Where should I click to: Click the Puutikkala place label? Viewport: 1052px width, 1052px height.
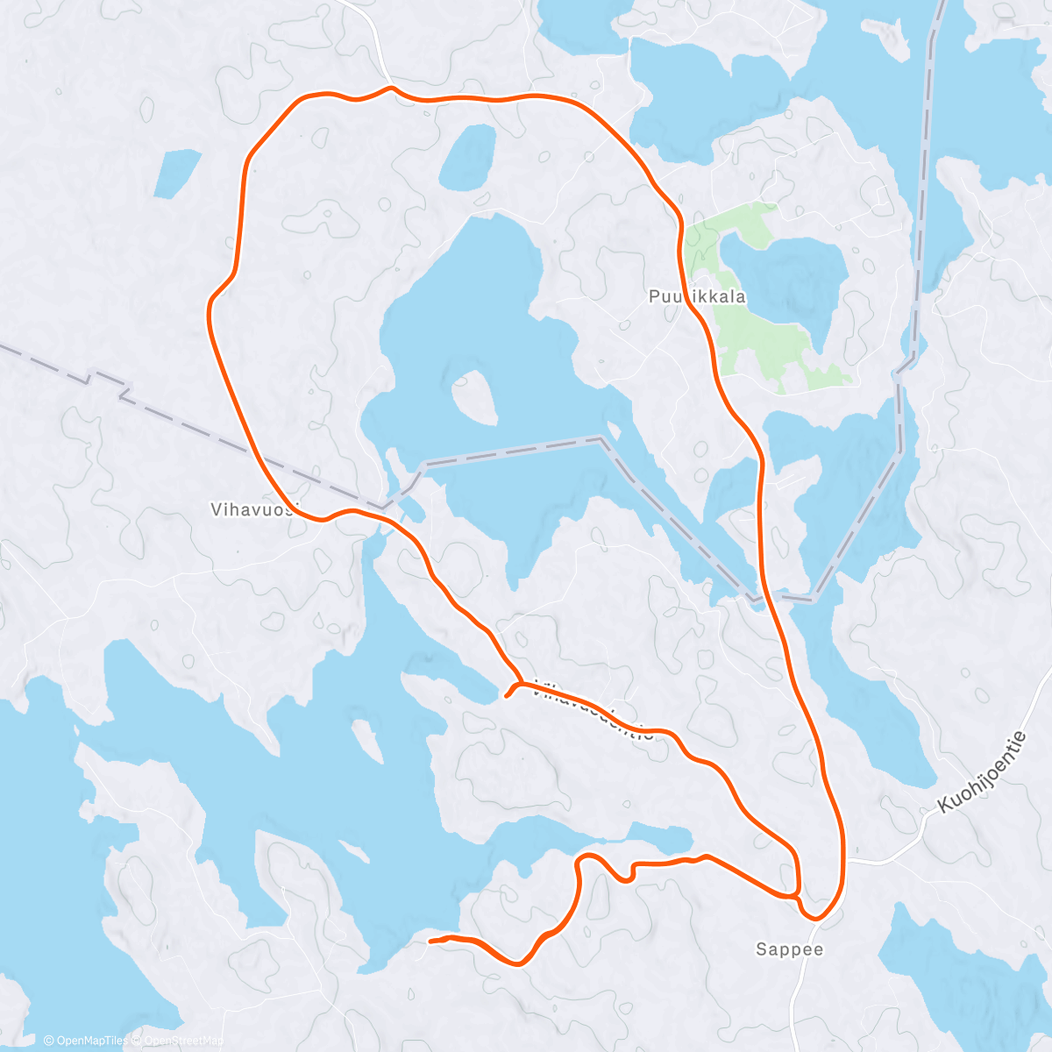(x=697, y=296)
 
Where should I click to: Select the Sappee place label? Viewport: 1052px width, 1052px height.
(x=790, y=949)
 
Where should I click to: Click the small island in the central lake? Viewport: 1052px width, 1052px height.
(x=473, y=397)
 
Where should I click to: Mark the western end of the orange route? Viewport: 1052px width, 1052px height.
(x=430, y=941)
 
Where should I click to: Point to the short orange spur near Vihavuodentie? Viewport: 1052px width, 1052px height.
(x=510, y=693)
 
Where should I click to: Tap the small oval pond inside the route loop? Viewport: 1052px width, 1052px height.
(x=468, y=158)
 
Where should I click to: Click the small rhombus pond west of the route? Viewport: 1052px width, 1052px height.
(x=176, y=173)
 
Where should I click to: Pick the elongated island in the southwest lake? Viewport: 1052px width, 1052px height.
(x=367, y=742)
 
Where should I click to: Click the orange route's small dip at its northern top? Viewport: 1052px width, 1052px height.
(x=389, y=89)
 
